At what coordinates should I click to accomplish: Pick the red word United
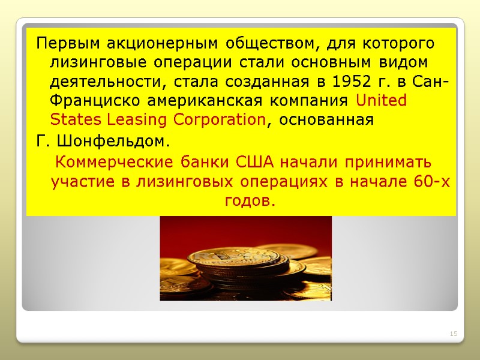(381, 100)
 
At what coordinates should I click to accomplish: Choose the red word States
(71, 119)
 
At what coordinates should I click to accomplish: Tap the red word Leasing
(133, 119)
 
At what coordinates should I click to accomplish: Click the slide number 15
(453, 334)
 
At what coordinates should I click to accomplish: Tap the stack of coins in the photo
(246, 270)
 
